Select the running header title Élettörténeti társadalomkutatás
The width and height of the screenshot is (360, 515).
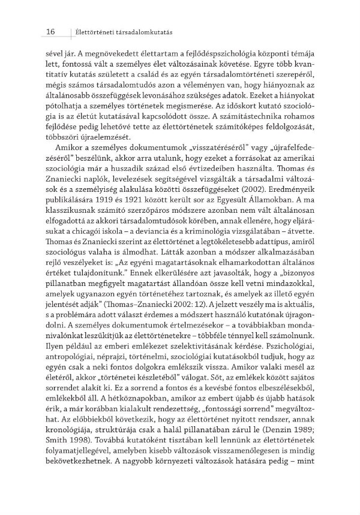click(x=119, y=31)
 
